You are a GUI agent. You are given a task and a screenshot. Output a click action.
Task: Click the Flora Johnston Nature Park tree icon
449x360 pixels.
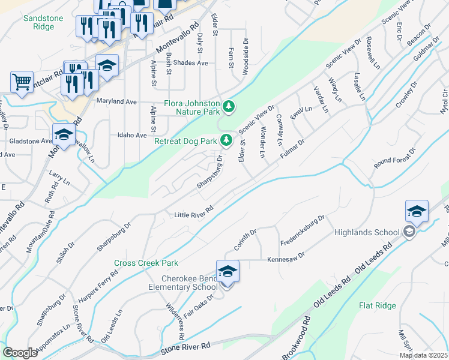point(228,107)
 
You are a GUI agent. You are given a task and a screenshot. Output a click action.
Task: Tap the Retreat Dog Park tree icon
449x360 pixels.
point(226,141)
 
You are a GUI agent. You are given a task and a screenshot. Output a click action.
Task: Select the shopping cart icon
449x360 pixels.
point(22,81)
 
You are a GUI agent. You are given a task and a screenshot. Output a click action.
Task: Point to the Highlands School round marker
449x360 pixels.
point(409,232)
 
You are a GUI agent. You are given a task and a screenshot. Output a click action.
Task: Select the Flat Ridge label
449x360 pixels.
point(377,305)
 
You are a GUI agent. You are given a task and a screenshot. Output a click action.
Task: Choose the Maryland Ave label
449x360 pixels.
point(116,101)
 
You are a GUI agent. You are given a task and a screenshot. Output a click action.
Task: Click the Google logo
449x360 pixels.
point(20,352)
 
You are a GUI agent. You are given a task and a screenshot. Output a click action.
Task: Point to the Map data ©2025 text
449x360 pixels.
point(423,355)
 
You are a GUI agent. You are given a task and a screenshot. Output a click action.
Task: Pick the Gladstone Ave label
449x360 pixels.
point(31,141)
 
